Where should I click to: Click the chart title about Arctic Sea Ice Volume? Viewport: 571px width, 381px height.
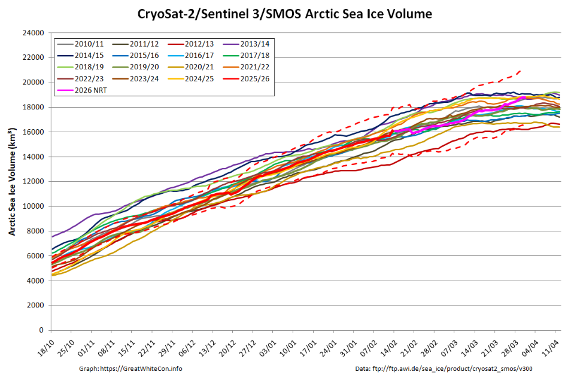click(x=285, y=13)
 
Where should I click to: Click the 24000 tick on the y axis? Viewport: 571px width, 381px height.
click(x=34, y=33)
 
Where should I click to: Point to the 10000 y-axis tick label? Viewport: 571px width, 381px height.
click(x=34, y=206)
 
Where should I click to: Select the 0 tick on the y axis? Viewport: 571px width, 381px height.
click(x=42, y=330)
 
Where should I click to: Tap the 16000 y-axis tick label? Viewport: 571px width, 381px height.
click(x=34, y=132)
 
